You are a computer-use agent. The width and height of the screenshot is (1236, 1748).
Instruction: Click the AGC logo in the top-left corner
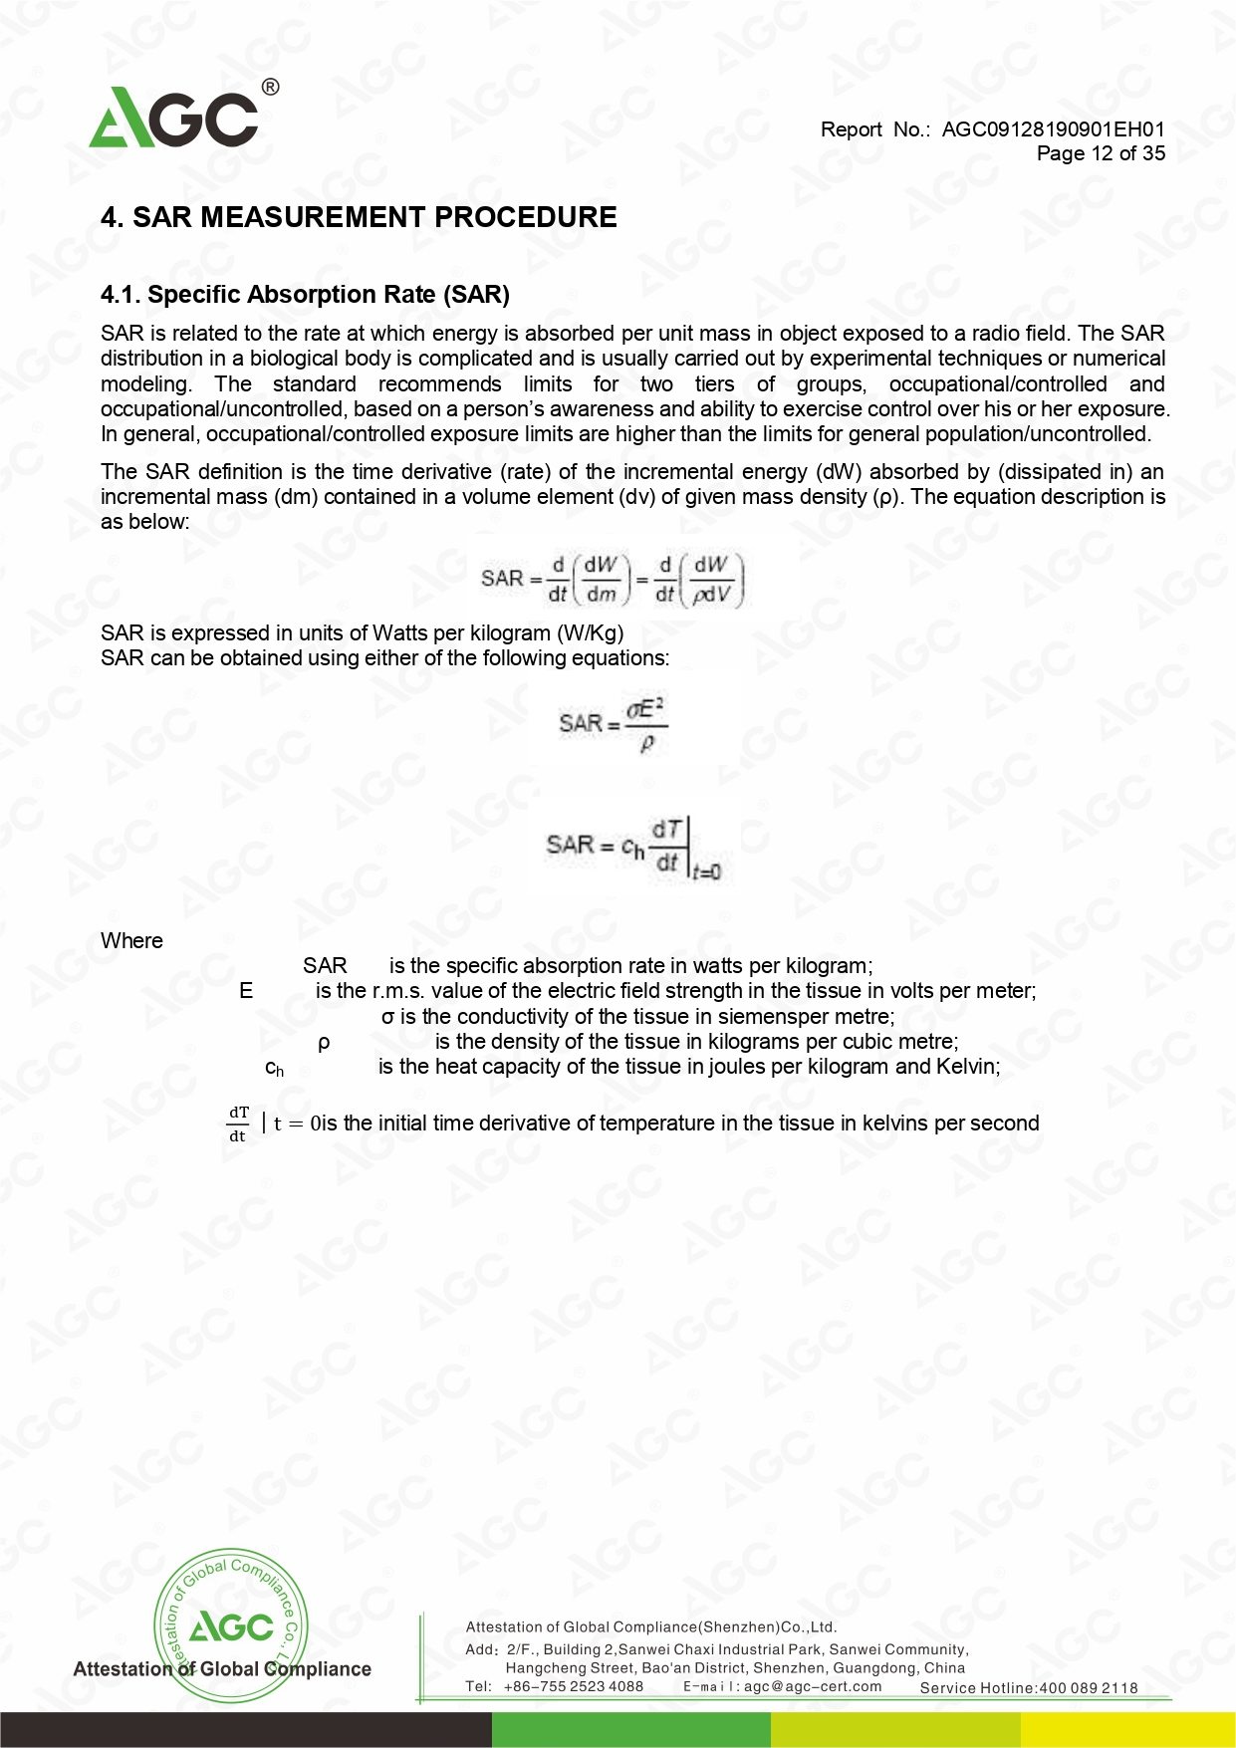click(x=174, y=118)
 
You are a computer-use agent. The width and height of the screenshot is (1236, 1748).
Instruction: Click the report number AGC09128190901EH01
click(x=1053, y=129)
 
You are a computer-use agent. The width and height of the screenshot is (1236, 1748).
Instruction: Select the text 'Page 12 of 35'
click(x=1100, y=153)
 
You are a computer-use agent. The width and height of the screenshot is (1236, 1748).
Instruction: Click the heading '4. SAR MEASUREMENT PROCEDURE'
click(x=359, y=217)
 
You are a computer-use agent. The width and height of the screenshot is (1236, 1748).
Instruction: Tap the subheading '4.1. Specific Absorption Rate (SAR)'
click(x=305, y=295)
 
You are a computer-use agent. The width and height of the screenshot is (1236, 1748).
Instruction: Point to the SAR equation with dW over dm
click(x=613, y=580)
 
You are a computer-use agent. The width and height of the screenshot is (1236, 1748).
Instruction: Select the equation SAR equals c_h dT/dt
click(x=632, y=848)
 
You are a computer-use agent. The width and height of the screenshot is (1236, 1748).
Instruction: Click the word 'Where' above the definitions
click(x=131, y=941)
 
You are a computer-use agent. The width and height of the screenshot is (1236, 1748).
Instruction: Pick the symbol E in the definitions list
click(x=246, y=991)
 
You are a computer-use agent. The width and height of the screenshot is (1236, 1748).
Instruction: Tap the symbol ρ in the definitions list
click(x=324, y=1042)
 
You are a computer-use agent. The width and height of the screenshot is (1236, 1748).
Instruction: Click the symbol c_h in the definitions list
click(x=274, y=1068)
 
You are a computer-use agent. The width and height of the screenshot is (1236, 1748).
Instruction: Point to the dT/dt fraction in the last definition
click(x=238, y=1124)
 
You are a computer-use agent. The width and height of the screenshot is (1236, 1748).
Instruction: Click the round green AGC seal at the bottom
click(x=230, y=1625)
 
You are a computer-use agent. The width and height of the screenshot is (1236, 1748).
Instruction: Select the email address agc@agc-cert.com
click(x=812, y=1687)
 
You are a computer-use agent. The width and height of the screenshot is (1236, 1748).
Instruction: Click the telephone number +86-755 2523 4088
click(x=573, y=1687)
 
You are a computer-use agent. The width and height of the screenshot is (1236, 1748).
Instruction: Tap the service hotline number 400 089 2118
click(x=1088, y=1688)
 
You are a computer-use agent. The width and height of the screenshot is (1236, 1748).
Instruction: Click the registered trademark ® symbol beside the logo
click(x=270, y=88)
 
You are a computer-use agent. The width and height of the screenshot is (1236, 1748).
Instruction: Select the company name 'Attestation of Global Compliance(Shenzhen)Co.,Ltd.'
click(x=651, y=1627)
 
